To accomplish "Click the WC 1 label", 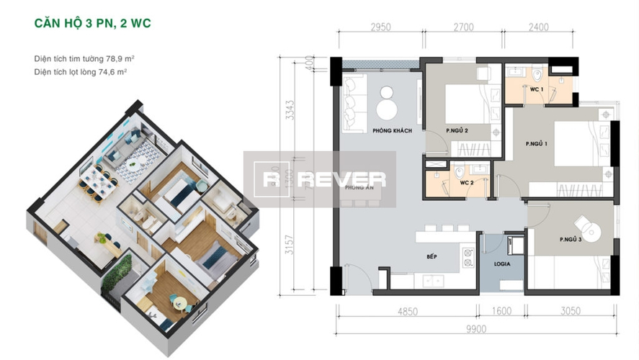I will point(536,89).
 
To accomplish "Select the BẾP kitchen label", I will point(432,257).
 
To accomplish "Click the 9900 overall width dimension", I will point(476,328).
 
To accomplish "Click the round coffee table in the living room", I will point(387,107).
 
